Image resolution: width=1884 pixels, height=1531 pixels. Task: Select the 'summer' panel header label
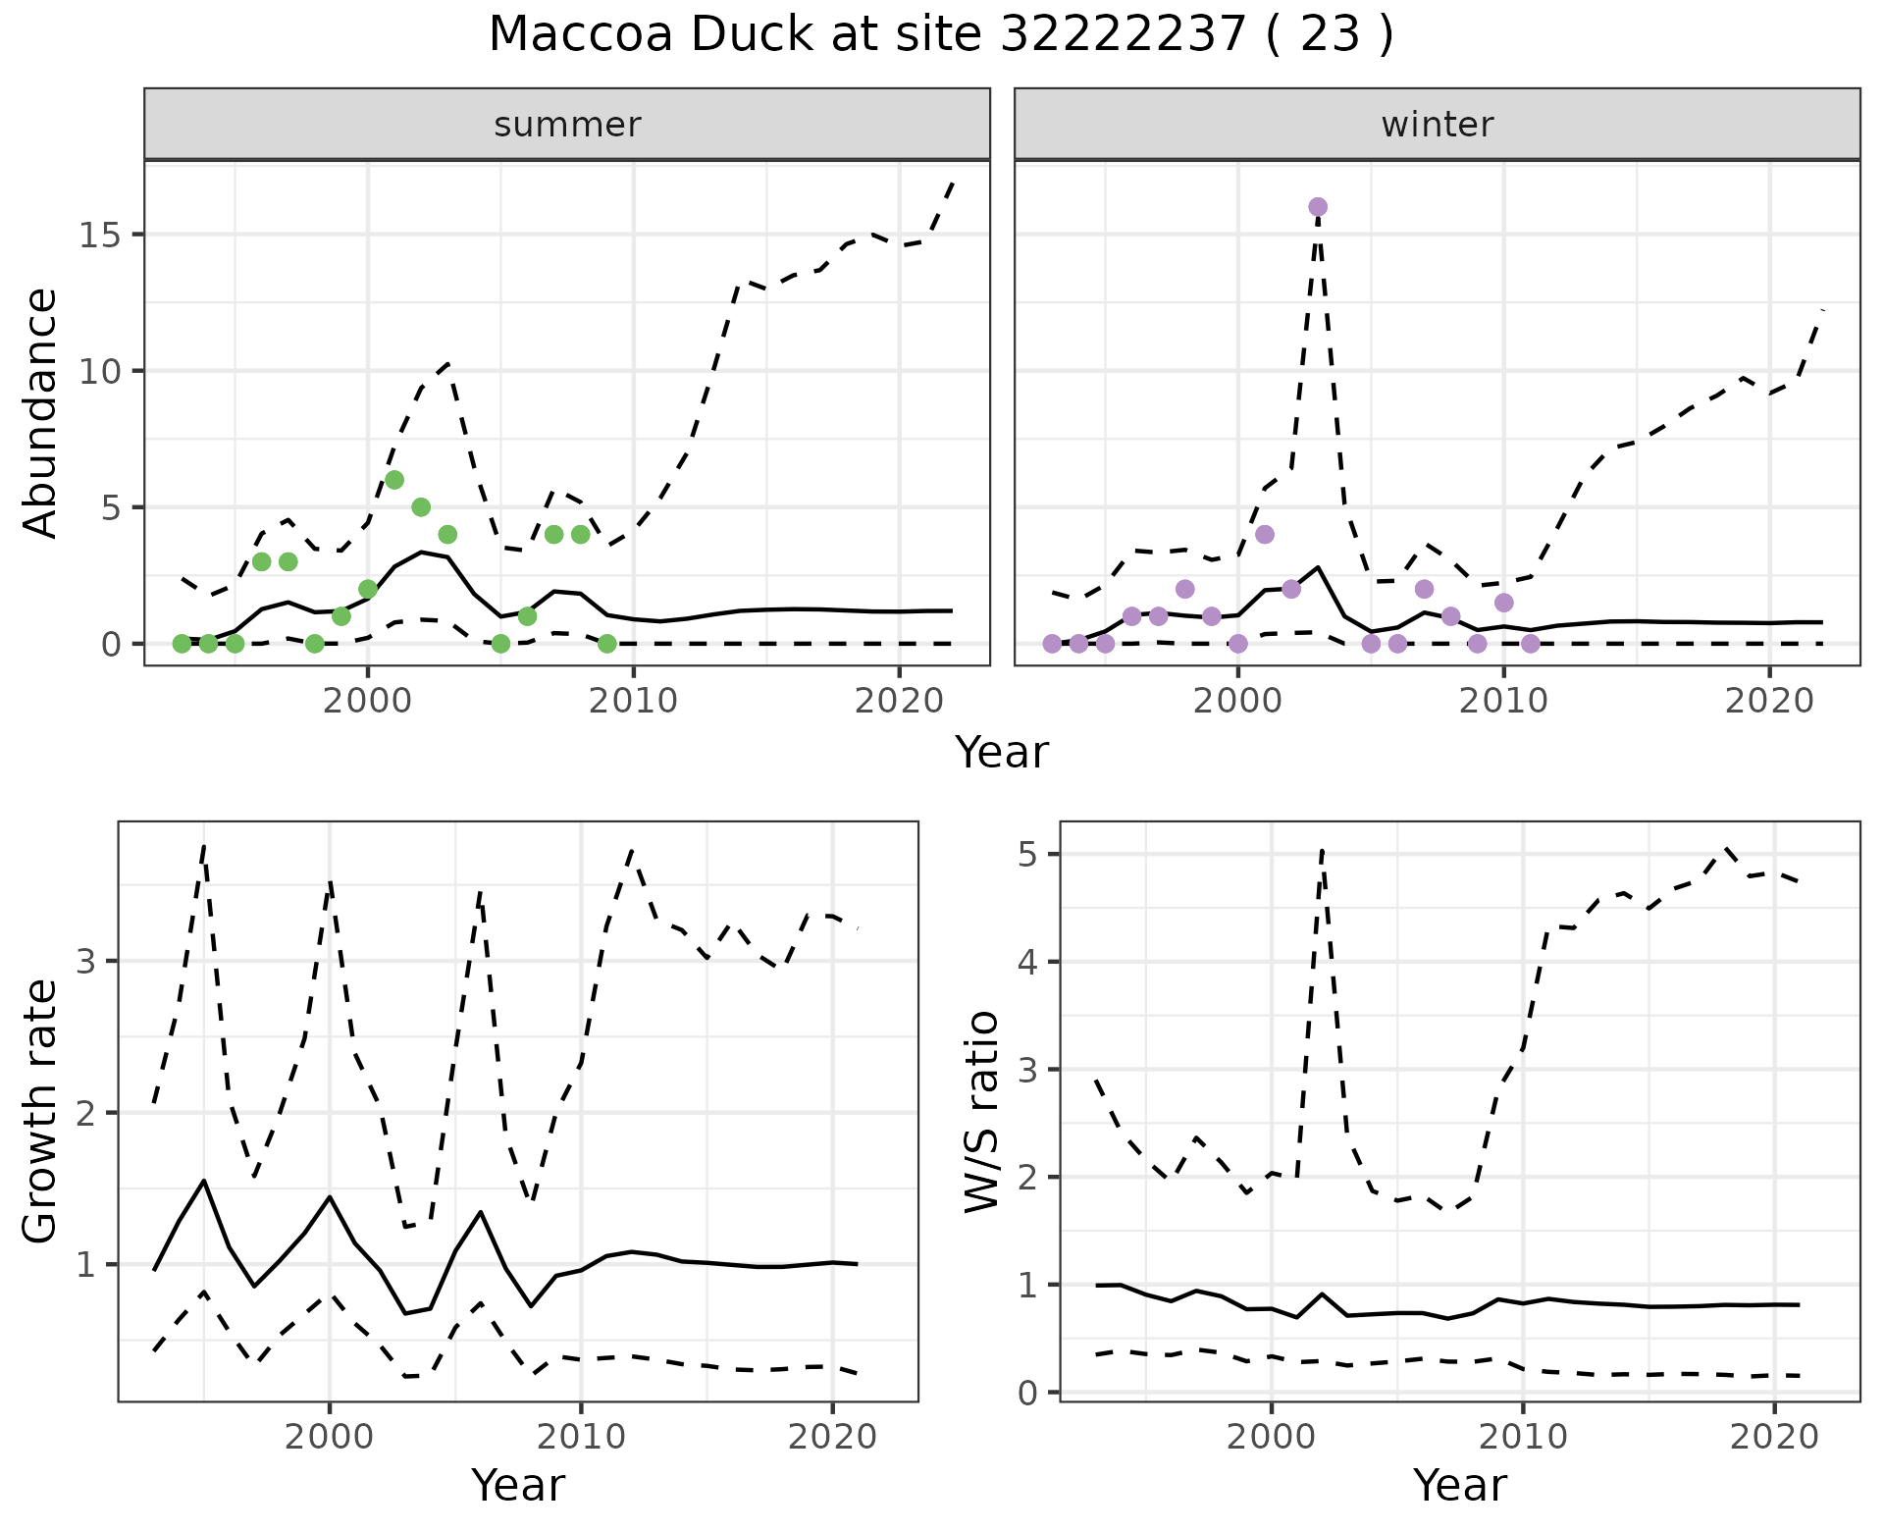(x=567, y=125)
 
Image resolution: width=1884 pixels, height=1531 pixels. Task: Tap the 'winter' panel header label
(x=1437, y=125)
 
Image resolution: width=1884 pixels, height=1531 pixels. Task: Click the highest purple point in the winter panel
(x=1318, y=207)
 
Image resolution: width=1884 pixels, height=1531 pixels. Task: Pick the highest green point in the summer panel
(x=394, y=480)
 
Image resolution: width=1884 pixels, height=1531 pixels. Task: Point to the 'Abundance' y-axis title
(x=41, y=413)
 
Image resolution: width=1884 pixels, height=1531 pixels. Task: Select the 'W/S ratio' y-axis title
(x=981, y=1112)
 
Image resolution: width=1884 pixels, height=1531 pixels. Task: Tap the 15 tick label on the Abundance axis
(x=103, y=236)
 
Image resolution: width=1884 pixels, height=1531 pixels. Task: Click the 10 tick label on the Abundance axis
(x=103, y=372)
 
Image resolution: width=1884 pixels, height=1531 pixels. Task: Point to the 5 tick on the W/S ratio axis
(x=1032, y=855)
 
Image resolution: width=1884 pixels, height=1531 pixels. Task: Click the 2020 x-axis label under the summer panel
(x=899, y=701)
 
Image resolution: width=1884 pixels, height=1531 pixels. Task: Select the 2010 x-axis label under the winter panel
(x=1503, y=701)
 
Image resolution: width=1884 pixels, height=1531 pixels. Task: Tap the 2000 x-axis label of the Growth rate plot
(x=330, y=1438)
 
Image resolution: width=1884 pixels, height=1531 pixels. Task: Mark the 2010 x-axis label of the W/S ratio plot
(x=1523, y=1438)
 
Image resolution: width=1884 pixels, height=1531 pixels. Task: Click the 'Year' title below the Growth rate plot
(x=518, y=1485)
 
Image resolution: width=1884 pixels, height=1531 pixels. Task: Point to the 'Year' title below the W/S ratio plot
(x=1460, y=1485)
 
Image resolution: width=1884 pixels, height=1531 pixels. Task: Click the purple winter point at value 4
(x=1265, y=535)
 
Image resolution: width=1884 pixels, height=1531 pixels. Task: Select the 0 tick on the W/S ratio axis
(x=1032, y=1393)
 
